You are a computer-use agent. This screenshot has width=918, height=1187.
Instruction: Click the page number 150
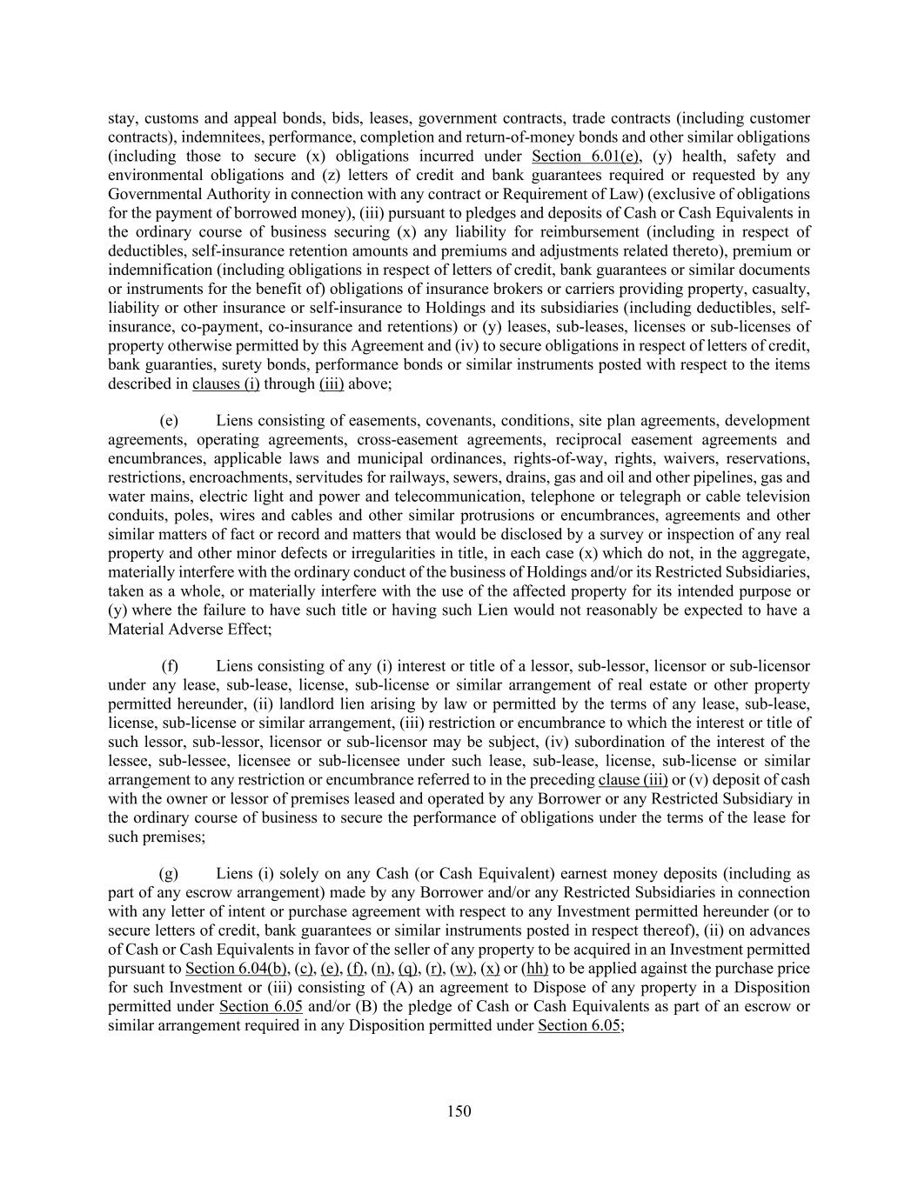pyautogui.click(x=459, y=1110)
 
